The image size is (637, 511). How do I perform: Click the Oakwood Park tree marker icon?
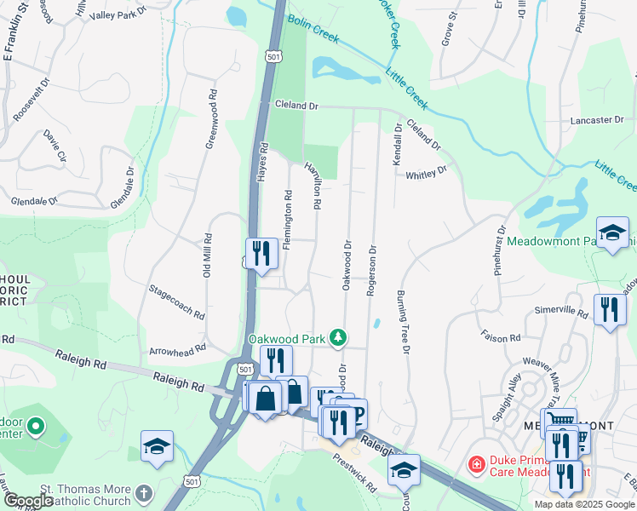[339, 338]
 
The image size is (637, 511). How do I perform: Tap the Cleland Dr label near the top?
[296, 106]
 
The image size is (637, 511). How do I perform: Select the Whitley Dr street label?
[427, 173]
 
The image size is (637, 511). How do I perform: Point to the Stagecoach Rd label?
[177, 303]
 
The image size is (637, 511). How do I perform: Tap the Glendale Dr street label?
[35, 202]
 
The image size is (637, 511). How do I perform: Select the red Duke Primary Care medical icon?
[476, 465]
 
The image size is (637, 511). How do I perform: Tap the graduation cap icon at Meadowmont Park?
[612, 233]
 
